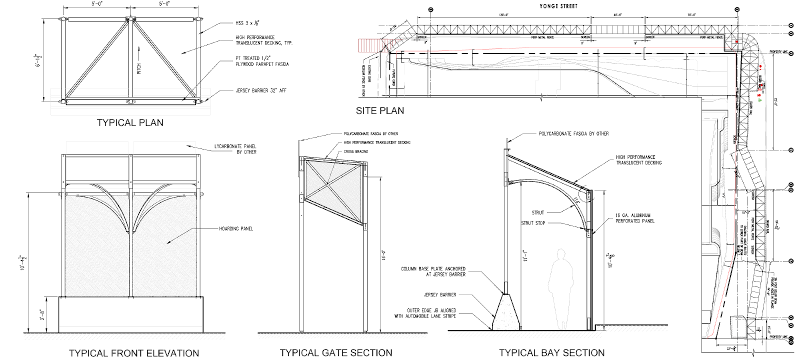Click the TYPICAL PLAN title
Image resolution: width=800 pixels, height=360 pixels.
[x=130, y=123]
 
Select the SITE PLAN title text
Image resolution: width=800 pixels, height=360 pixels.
[x=380, y=110]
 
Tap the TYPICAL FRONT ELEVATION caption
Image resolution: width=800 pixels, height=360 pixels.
[x=134, y=353]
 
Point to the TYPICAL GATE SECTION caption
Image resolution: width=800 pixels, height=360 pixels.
[x=336, y=353]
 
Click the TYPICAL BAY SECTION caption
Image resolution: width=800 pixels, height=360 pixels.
[x=552, y=353]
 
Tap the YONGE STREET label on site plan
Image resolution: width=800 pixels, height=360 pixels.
[x=558, y=6]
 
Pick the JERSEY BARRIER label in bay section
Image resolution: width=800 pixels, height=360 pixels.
[x=440, y=295]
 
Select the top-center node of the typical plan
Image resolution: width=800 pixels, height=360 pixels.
[x=129, y=18]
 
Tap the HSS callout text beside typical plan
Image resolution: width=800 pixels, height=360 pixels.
[x=244, y=24]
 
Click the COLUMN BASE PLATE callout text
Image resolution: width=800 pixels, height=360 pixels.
[x=434, y=272]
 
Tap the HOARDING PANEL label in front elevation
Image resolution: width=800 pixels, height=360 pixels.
[x=236, y=229]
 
